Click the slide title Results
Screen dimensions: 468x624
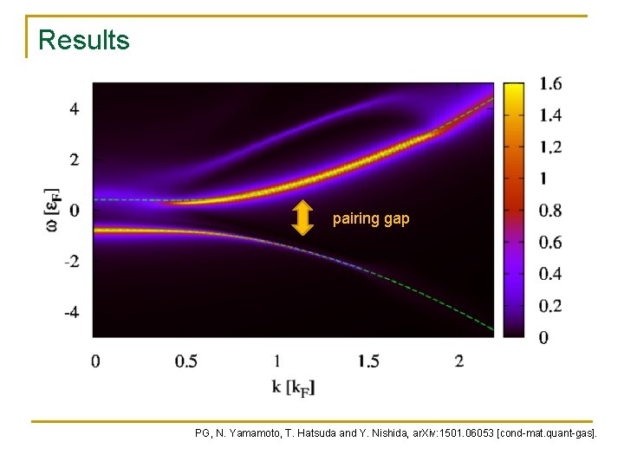(84, 40)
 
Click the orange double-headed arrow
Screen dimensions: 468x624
(302, 218)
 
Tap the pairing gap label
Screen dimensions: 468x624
(371, 219)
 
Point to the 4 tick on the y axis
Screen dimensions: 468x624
(75, 109)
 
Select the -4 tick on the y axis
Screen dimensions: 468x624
(72, 311)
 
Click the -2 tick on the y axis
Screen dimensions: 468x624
(72, 261)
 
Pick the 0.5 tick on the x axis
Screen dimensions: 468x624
(185, 361)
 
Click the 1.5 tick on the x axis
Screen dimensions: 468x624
(367, 361)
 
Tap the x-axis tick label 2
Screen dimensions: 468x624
(458, 361)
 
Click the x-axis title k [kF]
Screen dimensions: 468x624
(294, 387)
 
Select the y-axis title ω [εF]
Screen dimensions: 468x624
(51, 210)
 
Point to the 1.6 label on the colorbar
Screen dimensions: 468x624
(550, 84)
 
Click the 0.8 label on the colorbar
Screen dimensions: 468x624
(550, 211)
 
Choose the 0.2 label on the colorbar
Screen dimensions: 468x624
(550, 305)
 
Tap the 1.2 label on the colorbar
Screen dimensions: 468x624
(550, 147)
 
